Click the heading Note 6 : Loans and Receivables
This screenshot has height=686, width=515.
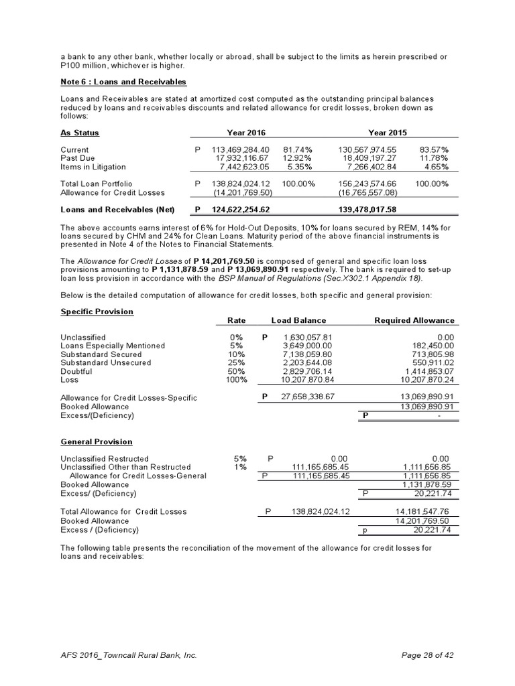point(123,82)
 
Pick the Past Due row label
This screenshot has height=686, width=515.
point(78,158)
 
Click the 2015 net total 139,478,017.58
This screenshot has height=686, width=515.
point(373,210)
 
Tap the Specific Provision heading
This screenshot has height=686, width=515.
point(97,312)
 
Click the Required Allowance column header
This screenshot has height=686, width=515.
point(414,320)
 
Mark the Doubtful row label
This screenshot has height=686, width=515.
point(76,371)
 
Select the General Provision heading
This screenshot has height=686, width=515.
point(96,441)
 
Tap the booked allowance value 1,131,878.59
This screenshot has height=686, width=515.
point(426,484)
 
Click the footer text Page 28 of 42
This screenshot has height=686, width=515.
point(428,655)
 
